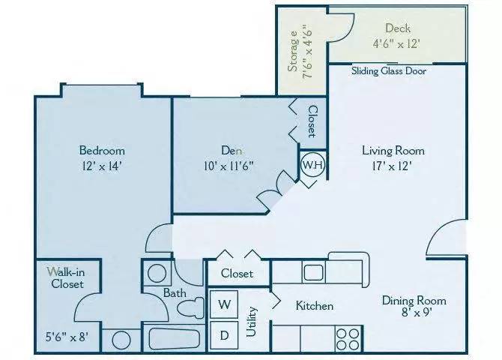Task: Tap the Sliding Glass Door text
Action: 389,72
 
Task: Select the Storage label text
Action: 294,51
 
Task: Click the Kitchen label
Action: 315,306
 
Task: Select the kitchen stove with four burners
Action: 348,335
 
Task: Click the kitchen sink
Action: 314,271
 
